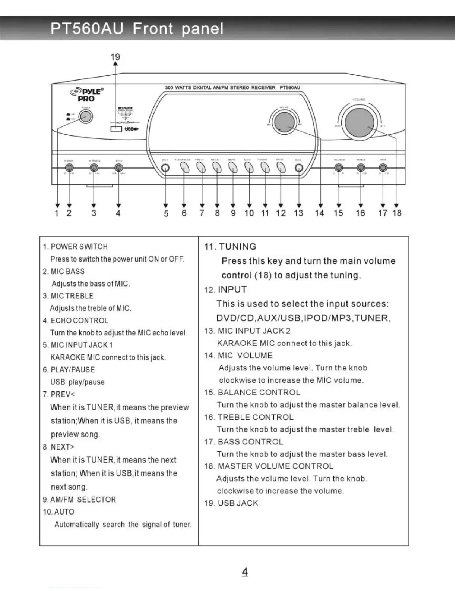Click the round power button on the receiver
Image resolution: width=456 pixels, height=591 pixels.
[x=85, y=116]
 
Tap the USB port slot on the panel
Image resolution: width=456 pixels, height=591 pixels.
[x=116, y=129]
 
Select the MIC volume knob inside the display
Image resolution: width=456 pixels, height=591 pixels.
[x=284, y=122]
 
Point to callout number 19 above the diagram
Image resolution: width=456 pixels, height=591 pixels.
[x=115, y=57]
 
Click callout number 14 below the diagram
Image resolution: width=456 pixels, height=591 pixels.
[x=319, y=213]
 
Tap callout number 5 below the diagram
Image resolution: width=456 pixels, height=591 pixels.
[x=166, y=213]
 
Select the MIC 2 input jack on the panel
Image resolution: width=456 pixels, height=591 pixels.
[x=299, y=168]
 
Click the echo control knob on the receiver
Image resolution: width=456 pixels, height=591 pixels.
[x=118, y=168]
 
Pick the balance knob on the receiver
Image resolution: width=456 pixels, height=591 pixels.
[x=338, y=168]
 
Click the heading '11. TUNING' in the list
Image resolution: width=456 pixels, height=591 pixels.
[x=230, y=247]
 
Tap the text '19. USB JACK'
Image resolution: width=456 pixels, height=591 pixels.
[x=231, y=503]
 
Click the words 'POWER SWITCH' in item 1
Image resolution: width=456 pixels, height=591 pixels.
[x=79, y=247]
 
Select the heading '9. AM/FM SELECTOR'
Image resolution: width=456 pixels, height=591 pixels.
[x=79, y=500]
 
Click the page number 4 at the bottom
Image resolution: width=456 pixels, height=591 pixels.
[x=245, y=572]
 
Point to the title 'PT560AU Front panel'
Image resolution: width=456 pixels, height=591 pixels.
[x=137, y=29]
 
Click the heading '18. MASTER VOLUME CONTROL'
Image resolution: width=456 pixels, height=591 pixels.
[x=269, y=466]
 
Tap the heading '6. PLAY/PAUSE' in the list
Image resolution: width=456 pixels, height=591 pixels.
[x=69, y=370]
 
